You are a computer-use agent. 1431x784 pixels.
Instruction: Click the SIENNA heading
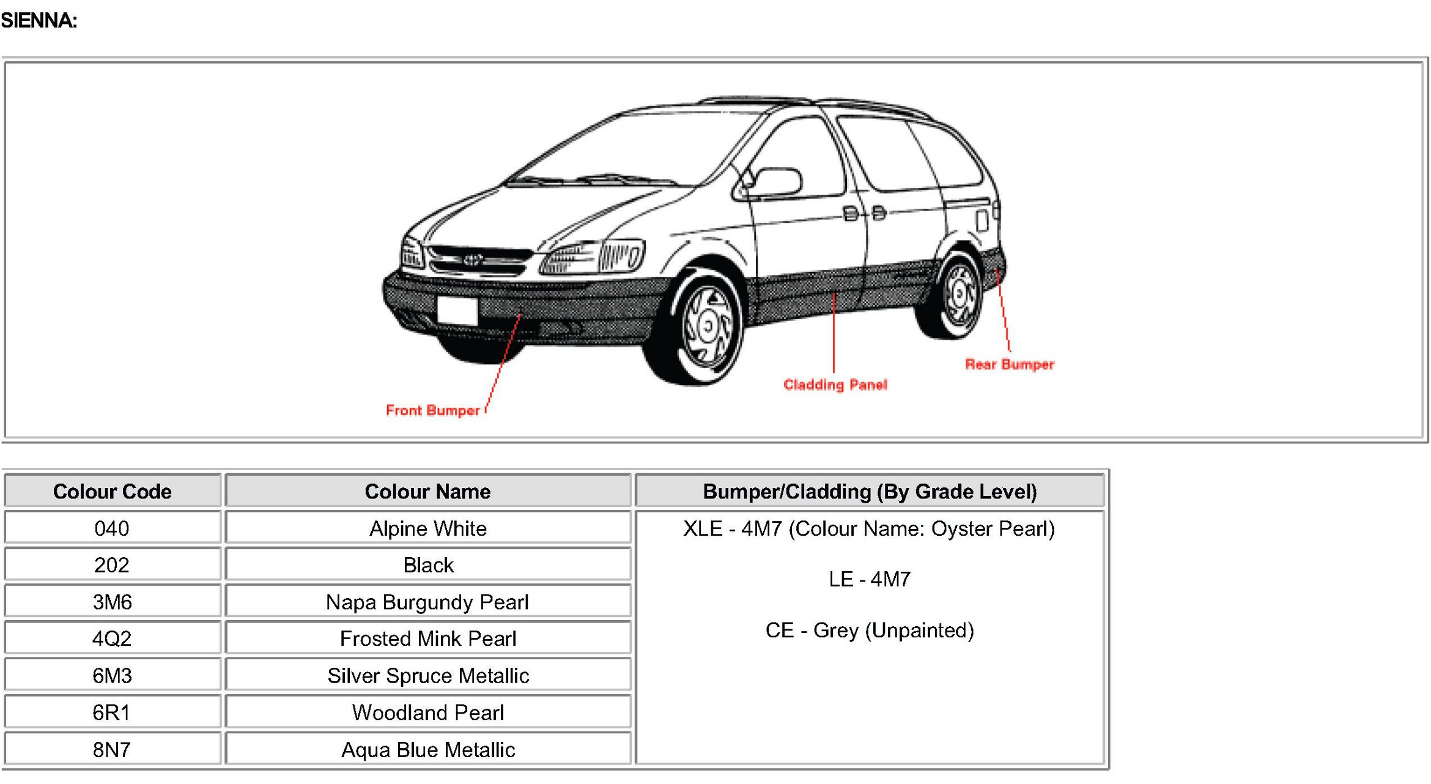point(39,21)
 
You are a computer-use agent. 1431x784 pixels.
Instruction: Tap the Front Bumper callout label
point(432,410)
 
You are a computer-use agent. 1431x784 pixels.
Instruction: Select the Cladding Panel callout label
point(835,385)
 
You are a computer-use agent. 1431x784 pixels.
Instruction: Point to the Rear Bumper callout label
point(1009,364)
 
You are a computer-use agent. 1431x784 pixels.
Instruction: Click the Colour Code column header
point(112,491)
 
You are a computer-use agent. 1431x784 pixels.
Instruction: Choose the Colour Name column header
point(427,491)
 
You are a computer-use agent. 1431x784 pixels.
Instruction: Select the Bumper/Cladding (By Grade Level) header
point(869,491)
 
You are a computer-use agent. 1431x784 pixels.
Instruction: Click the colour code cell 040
point(112,528)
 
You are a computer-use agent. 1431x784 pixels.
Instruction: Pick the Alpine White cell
point(427,528)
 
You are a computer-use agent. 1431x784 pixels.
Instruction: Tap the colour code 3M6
point(112,602)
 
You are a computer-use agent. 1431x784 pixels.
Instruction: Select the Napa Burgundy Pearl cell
point(427,602)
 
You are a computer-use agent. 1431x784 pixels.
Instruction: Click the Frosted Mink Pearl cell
point(427,638)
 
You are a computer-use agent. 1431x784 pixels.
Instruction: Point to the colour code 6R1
point(112,712)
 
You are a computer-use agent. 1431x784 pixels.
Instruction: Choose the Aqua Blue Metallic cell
point(427,749)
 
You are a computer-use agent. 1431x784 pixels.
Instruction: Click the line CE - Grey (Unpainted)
point(869,630)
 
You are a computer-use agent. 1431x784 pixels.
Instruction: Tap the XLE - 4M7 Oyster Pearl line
point(869,528)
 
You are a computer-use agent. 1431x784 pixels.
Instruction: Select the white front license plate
point(457,310)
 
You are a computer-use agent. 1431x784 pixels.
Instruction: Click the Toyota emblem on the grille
point(472,259)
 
